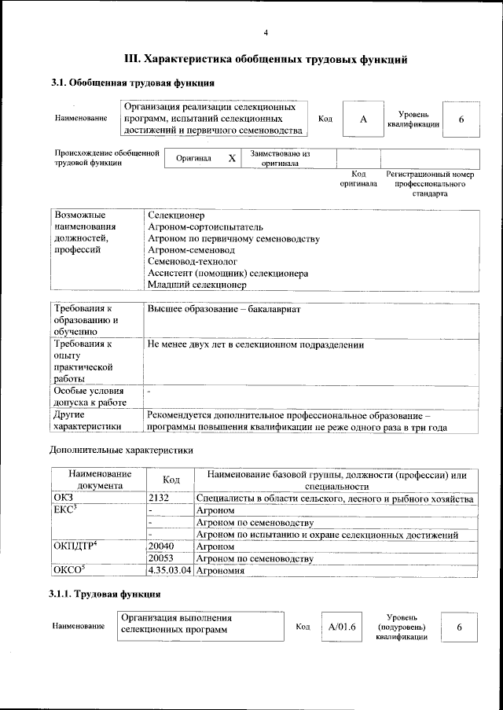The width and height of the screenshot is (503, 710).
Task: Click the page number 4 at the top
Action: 266,33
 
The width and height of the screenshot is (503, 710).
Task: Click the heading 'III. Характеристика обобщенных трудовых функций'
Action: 266,59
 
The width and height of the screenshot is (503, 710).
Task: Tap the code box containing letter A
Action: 363,119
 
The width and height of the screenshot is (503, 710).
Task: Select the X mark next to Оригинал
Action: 232,158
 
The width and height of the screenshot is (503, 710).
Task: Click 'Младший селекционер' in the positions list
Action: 196,285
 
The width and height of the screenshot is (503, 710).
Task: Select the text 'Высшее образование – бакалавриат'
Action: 224,309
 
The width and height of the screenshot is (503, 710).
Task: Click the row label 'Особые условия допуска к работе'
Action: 89,397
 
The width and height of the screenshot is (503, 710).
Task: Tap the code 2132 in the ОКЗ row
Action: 159,499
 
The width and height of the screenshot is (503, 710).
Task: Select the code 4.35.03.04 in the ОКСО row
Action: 170,571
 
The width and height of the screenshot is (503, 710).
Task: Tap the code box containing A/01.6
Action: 343,626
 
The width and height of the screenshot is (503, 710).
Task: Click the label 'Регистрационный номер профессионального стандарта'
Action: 430,183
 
